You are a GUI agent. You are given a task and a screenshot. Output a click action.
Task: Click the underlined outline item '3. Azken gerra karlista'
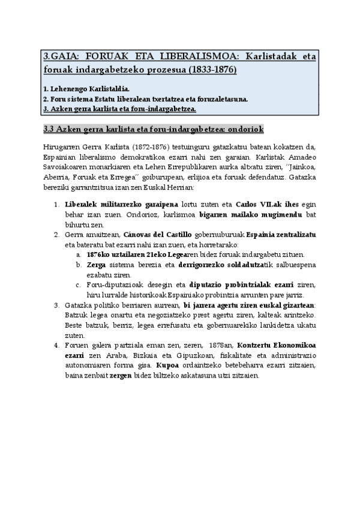[x=119, y=109]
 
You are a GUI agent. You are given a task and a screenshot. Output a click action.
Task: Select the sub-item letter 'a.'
[x=79, y=254]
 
